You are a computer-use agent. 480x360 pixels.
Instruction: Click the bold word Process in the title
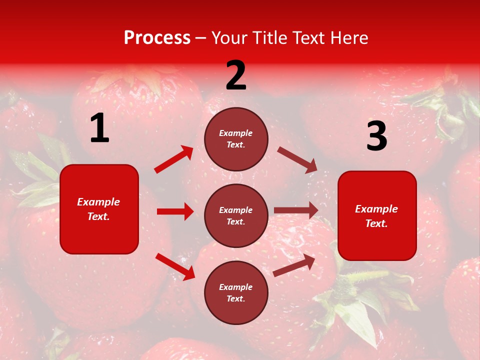(x=157, y=38)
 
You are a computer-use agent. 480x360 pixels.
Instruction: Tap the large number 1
(x=99, y=128)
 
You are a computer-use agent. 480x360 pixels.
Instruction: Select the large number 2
(x=236, y=76)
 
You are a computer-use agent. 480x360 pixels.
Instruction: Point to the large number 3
(x=376, y=136)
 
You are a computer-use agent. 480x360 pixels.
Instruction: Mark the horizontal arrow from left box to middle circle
(x=175, y=211)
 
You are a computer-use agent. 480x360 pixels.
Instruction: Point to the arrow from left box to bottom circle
(x=175, y=266)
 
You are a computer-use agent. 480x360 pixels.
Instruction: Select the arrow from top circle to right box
(x=297, y=160)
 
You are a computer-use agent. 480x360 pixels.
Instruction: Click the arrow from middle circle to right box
(x=296, y=210)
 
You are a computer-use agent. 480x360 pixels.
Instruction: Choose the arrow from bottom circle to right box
(x=294, y=265)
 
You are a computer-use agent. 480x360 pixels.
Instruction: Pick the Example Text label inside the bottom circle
(x=236, y=293)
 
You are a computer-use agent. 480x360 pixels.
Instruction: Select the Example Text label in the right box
(x=376, y=216)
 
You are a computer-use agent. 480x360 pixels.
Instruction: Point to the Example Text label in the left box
(x=98, y=209)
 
